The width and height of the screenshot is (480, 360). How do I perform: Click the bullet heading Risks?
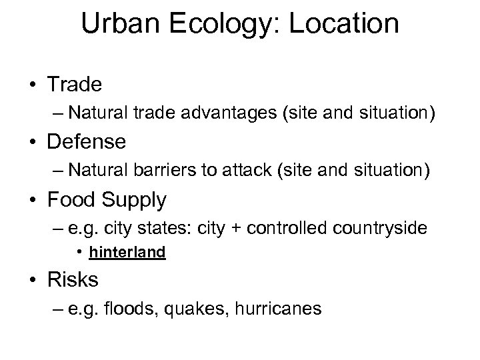pos(73,279)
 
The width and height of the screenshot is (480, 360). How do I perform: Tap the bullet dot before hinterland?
pos(80,253)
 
